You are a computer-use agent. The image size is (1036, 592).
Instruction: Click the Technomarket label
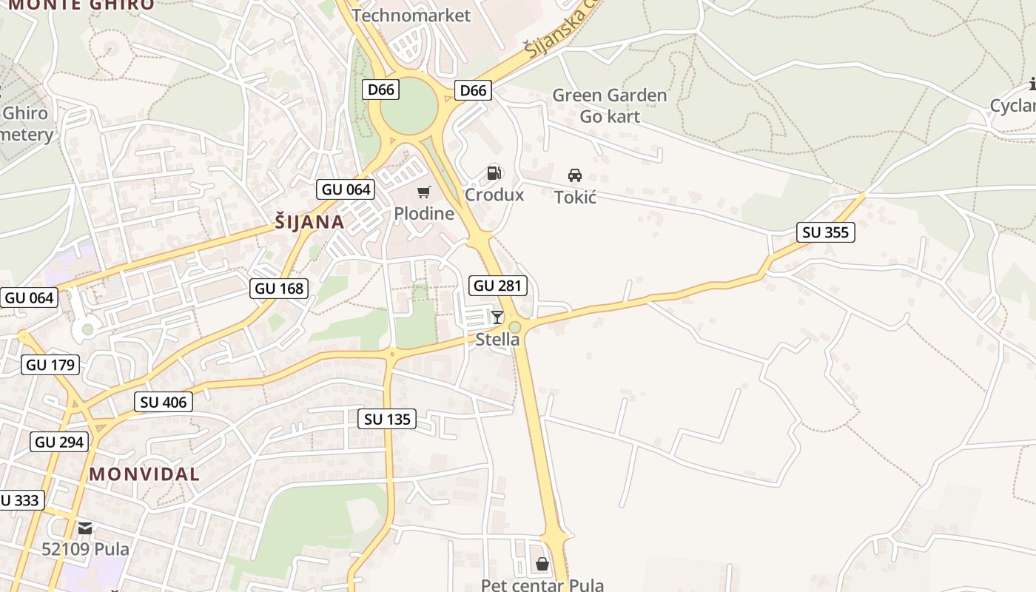pyautogui.click(x=411, y=16)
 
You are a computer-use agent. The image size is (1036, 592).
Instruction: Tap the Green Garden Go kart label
pyautogui.click(x=609, y=106)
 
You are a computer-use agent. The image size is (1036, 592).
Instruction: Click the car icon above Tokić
pyautogui.click(x=574, y=175)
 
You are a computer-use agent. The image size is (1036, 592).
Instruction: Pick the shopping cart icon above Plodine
pyautogui.click(x=423, y=192)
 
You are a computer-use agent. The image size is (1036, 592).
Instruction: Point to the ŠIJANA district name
pyautogui.click(x=309, y=222)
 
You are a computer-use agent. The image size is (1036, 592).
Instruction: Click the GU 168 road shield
pyautogui.click(x=280, y=289)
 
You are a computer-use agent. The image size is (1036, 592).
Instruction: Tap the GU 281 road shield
pyautogui.click(x=498, y=286)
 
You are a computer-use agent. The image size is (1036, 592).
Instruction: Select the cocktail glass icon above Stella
pyautogui.click(x=497, y=317)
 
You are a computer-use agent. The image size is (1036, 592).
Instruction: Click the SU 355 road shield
pyautogui.click(x=826, y=232)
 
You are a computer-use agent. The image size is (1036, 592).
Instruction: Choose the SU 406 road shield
pyautogui.click(x=164, y=403)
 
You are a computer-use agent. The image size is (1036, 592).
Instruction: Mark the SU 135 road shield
pyautogui.click(x=388, y=420)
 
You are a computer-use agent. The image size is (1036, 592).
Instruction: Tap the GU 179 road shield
pyautogui.click(x=50, y=365)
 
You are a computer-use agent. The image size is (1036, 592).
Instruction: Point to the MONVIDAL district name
pyautogui.click(x=144, y=474)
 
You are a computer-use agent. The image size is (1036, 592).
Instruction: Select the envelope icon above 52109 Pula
pyautogui.click(x=85, y=528)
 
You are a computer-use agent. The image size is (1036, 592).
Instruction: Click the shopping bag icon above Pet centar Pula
pyautogui.click(x=542, y=565)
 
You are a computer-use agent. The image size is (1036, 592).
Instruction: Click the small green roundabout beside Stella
pyautogui.click(x=514, y=327)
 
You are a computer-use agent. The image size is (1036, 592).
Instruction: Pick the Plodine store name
pyautogui.click(x=423, y=214)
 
